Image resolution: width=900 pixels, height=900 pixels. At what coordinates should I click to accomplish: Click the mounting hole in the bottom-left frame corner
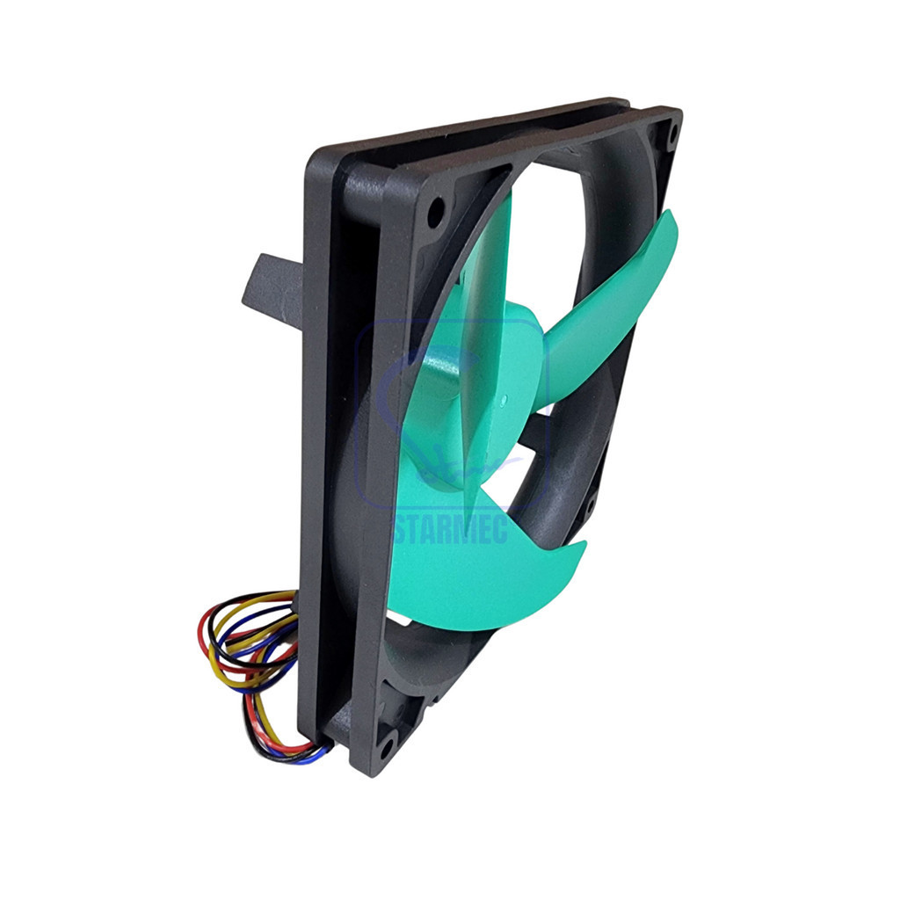387,745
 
